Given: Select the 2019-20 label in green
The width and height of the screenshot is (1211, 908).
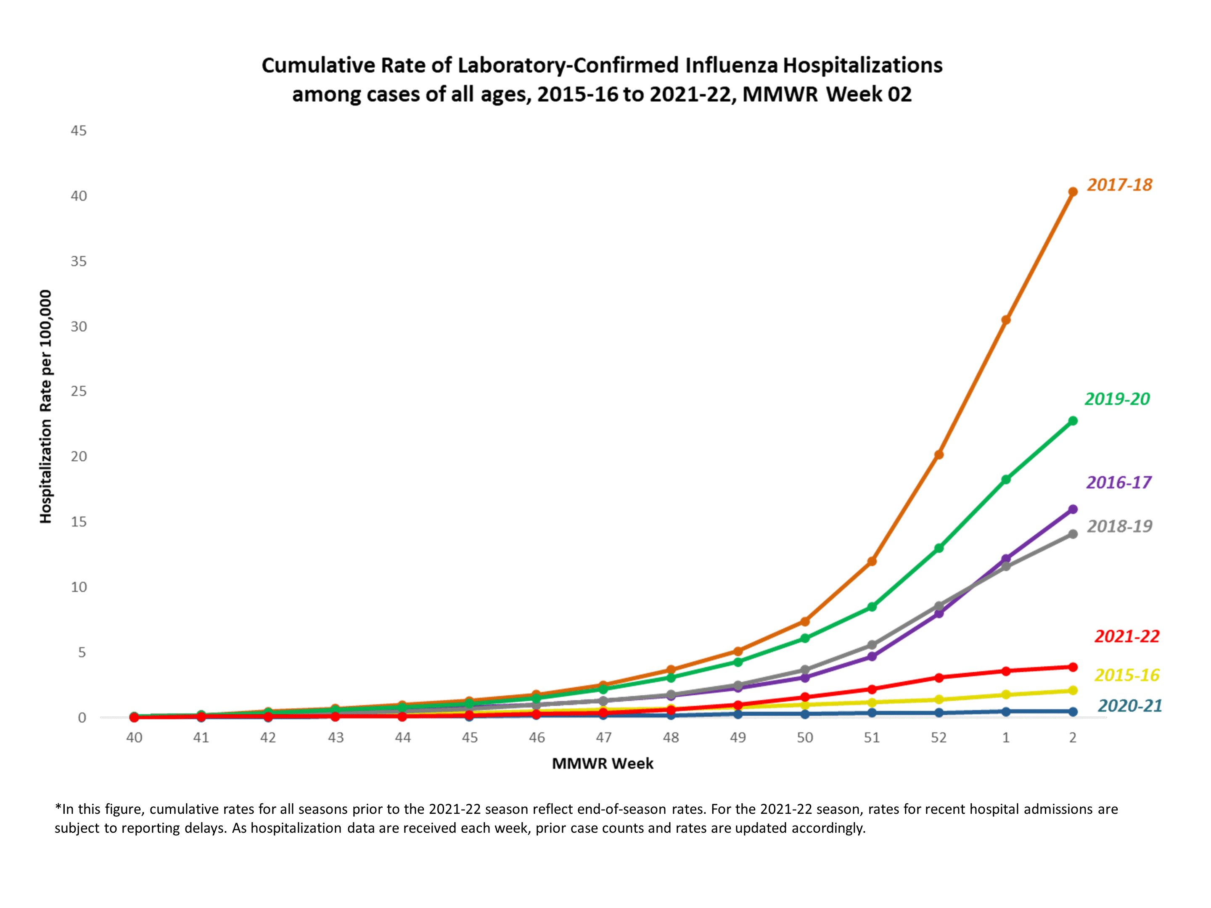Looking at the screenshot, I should pos(1117,399).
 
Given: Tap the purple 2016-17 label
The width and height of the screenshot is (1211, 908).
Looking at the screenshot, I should pos(1118,483).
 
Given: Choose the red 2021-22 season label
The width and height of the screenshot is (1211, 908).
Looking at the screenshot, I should pos(1126,636).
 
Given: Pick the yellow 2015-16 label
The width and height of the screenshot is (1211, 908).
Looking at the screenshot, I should pos(1126,676).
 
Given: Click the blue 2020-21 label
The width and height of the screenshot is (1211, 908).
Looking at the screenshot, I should pos(1129,706).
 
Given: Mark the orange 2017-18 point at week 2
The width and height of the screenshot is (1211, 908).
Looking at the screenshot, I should pos(1073,192).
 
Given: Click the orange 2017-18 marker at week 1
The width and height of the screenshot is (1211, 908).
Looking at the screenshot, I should pos(1006,320).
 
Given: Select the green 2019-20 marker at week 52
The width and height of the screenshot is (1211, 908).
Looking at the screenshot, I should pos(939,548).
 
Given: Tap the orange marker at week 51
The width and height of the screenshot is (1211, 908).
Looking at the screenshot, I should pos(872,562).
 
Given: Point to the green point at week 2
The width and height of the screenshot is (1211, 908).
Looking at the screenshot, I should pos(1073,421).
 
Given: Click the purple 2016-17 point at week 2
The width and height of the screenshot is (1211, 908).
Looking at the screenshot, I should pos(1073,509).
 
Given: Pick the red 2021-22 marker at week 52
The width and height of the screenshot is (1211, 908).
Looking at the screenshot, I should pos(939,678).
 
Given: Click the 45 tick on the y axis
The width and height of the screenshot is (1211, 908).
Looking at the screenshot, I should pos(79,131).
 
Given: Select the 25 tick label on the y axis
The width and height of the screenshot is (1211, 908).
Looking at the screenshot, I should pos(79,391).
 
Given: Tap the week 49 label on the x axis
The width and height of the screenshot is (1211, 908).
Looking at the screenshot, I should pos(738,738).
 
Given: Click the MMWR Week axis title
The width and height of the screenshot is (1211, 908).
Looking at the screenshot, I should pos(602,763).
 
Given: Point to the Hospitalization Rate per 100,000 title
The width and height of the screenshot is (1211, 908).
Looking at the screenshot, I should pos(45,406).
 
